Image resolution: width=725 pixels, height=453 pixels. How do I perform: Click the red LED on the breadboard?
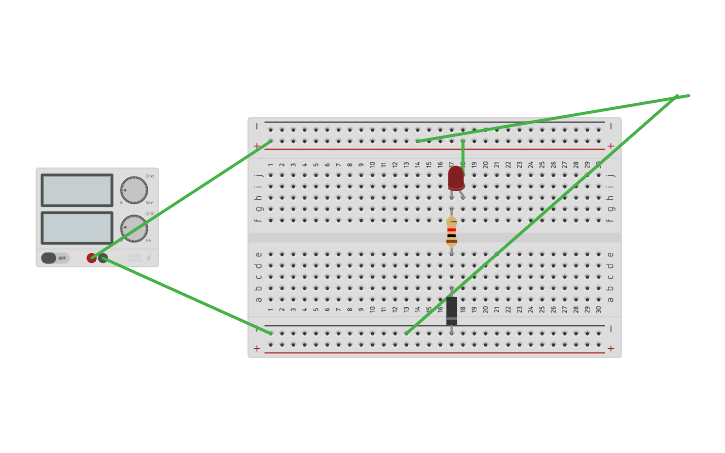point(456,178)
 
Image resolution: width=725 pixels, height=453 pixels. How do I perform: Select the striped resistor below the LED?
point(452,233)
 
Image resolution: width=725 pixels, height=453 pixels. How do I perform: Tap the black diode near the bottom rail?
point(452,310)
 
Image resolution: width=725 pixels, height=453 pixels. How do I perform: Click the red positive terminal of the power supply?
point(92,258)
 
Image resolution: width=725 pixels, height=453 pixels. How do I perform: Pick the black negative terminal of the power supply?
point(103,258)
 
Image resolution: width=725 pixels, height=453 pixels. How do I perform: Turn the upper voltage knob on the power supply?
point(134,190)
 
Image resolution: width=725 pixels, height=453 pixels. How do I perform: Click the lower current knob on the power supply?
point(134,228)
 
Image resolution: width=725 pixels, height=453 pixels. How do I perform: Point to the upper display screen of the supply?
point(77,190)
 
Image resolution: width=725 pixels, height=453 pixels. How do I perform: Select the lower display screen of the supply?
point(77,227)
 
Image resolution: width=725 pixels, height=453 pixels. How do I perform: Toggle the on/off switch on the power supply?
point(49,258)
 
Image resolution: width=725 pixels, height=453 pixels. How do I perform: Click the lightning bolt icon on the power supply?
point(149,258)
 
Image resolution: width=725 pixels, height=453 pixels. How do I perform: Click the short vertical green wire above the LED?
point(462,152)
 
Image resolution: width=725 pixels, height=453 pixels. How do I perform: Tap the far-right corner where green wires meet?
point(680,97)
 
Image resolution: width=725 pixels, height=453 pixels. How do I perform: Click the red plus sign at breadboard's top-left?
point(256,146)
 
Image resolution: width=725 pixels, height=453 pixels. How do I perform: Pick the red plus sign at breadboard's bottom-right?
point(611,348)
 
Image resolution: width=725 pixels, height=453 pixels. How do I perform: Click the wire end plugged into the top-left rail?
point(270,142)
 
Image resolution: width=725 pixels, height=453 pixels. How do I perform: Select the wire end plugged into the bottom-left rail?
point(270,333)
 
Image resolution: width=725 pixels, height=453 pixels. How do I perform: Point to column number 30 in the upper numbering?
point(599,164)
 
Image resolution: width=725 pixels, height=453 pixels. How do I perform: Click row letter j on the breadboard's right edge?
point(611,175)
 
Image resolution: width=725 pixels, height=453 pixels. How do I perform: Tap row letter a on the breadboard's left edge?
point(258,299)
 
